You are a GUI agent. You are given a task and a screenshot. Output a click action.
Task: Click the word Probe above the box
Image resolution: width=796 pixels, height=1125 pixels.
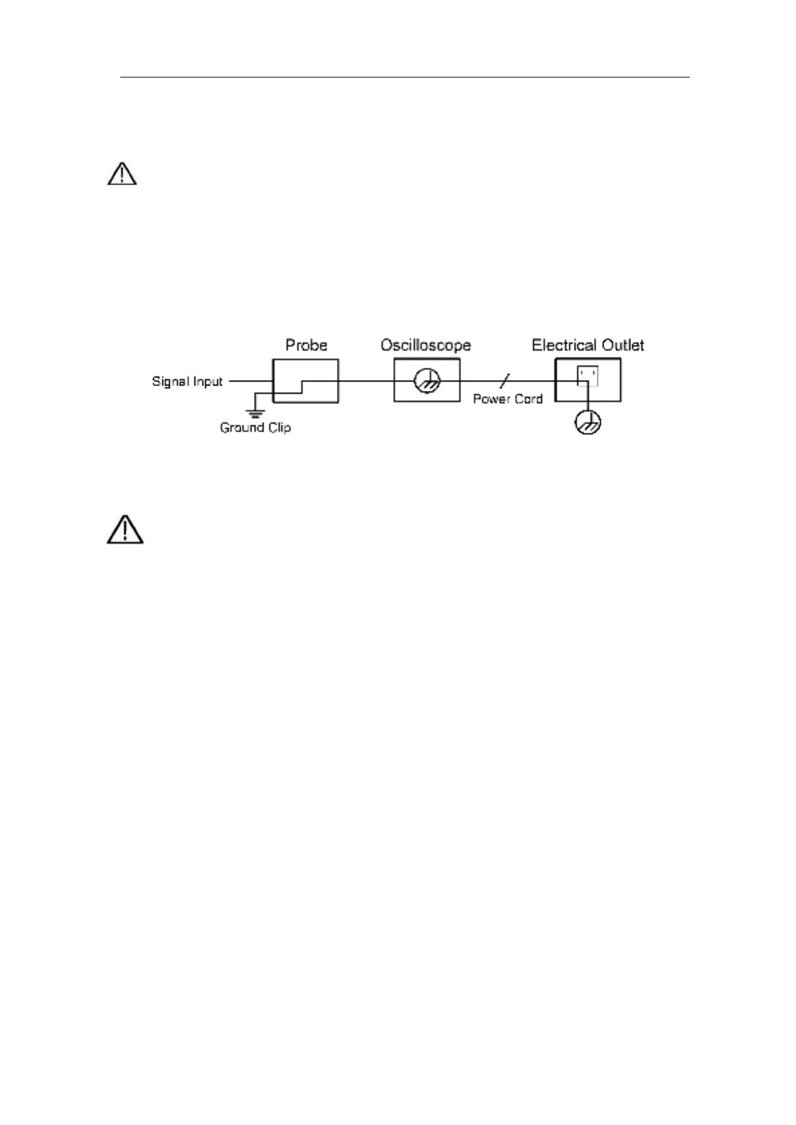(x=306, y=345)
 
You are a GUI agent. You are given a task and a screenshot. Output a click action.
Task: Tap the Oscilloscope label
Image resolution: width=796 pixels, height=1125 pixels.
(x=426, y=345)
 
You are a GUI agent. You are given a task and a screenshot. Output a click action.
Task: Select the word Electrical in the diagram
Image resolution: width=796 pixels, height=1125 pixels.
(x=563, y=345)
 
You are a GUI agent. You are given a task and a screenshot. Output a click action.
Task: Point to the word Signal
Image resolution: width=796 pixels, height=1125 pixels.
(x=168, y=381)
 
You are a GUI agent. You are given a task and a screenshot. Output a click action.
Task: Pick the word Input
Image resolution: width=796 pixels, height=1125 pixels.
(x=207, y=381)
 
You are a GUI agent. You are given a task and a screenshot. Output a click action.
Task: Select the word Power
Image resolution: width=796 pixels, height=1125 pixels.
(x=491, y=399)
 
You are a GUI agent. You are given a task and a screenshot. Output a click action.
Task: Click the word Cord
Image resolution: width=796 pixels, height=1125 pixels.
(x=528, y=399)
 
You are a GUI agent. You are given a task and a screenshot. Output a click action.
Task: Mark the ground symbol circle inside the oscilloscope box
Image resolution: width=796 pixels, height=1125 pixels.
(x=426, y=382)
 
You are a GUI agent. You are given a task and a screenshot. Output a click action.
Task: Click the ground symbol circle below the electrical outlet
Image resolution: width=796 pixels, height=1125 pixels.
(x=588, y=422)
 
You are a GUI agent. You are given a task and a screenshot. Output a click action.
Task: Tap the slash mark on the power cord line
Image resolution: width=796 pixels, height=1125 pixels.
(x=505, y=381)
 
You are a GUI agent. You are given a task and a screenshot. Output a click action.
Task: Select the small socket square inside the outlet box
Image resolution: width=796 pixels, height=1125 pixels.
(x=588, y=376)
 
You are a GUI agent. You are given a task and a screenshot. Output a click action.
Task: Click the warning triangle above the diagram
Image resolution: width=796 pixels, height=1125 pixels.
(x=122, y=174)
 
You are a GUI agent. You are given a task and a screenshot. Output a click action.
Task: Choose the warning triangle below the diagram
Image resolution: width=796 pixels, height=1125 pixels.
(x=124, y=530)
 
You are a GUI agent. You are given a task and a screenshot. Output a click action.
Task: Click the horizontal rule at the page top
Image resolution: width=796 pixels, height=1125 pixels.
(x=404, y=77)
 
